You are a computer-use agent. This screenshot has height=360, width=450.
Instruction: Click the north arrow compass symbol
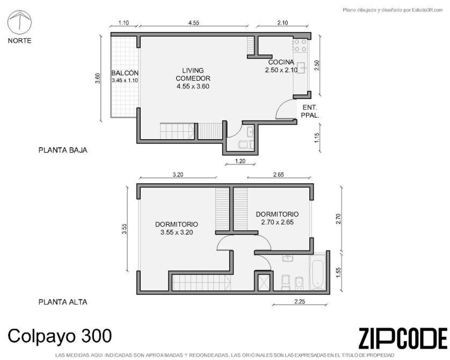(x=19, y=22)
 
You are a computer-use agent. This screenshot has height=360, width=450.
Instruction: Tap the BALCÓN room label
(x=125, y=73)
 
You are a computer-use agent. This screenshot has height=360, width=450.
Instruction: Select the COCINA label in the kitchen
(x=281, y=62)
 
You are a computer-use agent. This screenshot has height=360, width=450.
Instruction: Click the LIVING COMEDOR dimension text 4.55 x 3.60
(x=193, y=86)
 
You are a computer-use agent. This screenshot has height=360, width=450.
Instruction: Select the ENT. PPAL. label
(x=310, y=111)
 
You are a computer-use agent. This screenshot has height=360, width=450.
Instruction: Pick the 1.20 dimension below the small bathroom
(x=240, y=161)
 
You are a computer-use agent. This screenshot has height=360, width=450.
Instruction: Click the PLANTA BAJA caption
(x=63, y=150)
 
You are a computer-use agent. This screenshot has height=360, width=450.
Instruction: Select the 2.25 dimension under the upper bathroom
(x=300, y=301)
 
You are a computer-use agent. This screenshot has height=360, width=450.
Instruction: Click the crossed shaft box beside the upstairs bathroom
(x=264, y=282)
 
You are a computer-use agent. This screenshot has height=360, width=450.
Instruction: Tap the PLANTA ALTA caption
(x=63, y=302)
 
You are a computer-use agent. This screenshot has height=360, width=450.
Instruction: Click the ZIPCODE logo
(x=403, y=339)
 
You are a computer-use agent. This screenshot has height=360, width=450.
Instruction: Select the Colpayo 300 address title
(x=60, y=336)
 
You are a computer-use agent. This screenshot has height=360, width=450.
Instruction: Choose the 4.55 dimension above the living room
(x=194, y=23)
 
